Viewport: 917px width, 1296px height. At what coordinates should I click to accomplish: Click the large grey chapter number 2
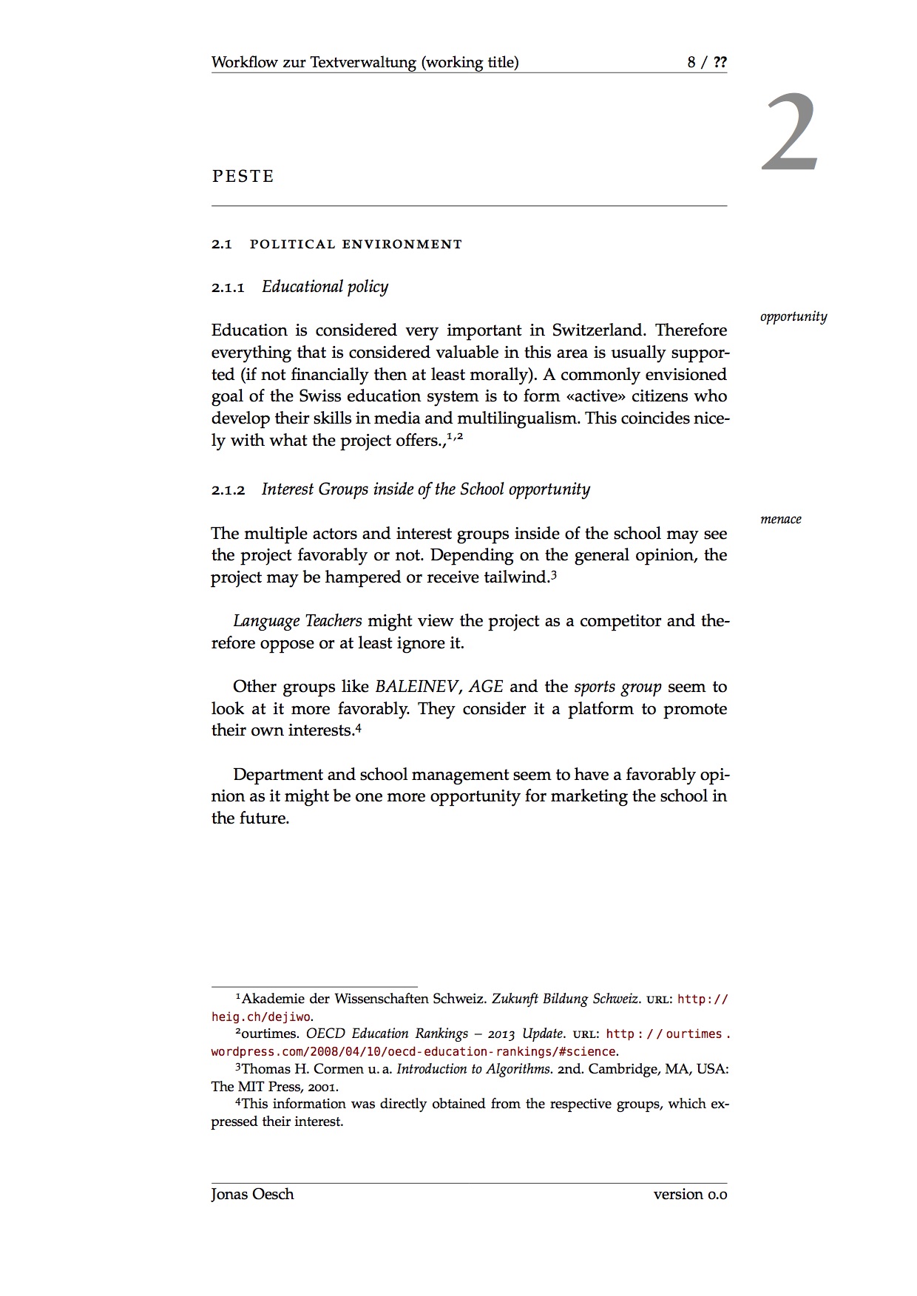coord(790,133)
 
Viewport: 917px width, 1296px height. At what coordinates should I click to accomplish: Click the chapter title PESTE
coord(243,177)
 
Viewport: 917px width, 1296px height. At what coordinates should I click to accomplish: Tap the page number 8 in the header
coord(691,62)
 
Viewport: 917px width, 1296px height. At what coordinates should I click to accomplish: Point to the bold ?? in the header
coord(720,62)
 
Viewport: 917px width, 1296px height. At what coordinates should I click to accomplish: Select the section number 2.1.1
coord(227,288)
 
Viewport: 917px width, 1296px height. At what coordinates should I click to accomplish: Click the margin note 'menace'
coord(780,519)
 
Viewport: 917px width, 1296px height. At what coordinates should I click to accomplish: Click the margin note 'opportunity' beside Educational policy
coord(793,316)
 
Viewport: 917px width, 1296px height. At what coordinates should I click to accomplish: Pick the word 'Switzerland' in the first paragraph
coord(598,330)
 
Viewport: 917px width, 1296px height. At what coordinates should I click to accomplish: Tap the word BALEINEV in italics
coord(416,687)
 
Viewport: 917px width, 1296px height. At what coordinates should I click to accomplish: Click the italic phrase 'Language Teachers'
coord(297,621)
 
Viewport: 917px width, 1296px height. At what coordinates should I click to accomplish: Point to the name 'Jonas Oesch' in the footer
coord(252,1194)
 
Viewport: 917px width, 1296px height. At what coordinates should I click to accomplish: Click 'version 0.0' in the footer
coord(690,1194)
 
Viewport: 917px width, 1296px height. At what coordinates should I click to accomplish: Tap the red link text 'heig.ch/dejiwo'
coord(261,1017)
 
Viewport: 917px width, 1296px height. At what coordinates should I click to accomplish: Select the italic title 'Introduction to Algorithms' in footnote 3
coord(473,1069)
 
